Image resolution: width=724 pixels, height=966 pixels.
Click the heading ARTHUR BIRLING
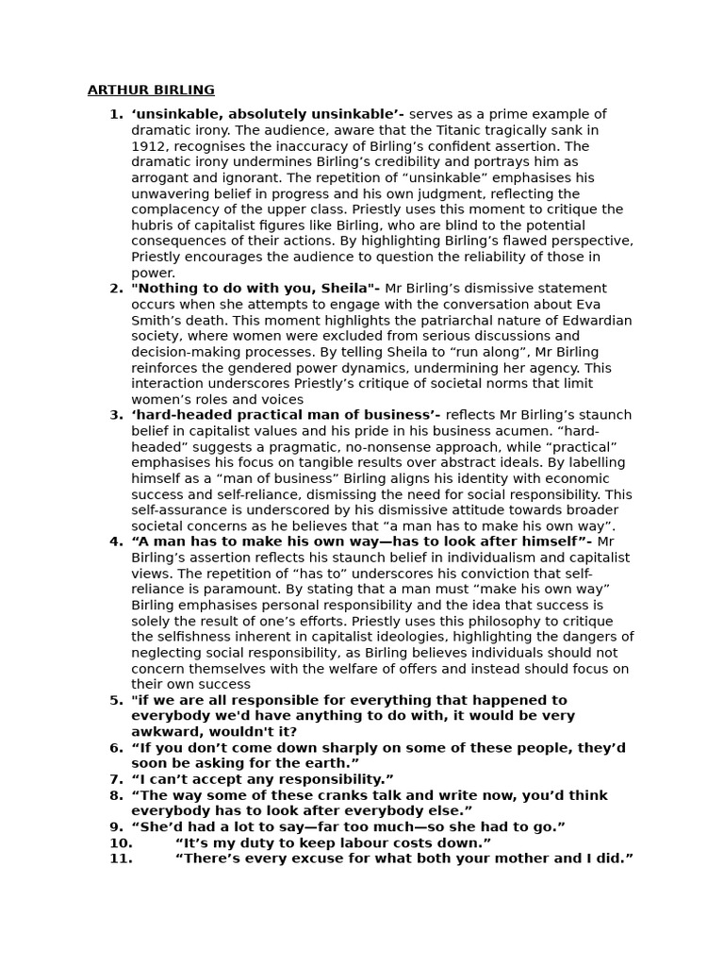point(151,91)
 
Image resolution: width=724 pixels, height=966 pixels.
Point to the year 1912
point(147,146)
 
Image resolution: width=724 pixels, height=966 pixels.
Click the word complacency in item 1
point(174,209)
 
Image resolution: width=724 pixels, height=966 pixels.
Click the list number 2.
point(116,289)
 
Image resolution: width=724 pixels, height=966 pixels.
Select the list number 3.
point(116,415)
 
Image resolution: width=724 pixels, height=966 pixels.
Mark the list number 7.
point(116,779)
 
